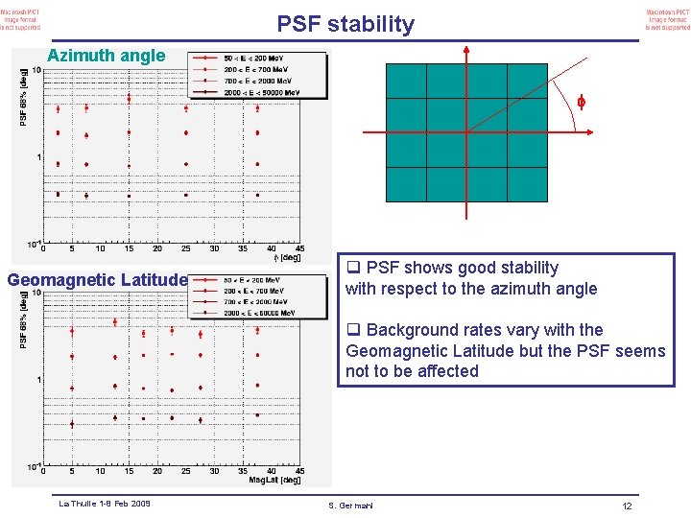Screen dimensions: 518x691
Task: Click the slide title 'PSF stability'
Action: (345, 24)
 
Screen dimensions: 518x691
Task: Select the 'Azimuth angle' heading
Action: (107, 56)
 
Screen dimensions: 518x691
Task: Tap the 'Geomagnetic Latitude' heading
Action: (97, 280)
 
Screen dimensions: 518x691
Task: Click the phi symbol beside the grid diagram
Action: (580, 102)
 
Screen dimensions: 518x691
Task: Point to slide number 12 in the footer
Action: (627, 506)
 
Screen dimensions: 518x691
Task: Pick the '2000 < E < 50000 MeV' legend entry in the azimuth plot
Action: (260, 93)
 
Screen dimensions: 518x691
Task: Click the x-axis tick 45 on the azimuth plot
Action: (299, 249)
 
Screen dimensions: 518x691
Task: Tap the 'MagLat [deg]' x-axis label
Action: (277, 480)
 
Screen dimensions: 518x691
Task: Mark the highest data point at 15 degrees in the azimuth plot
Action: (129, 107)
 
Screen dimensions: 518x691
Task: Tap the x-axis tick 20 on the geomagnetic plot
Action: (157, 471)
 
